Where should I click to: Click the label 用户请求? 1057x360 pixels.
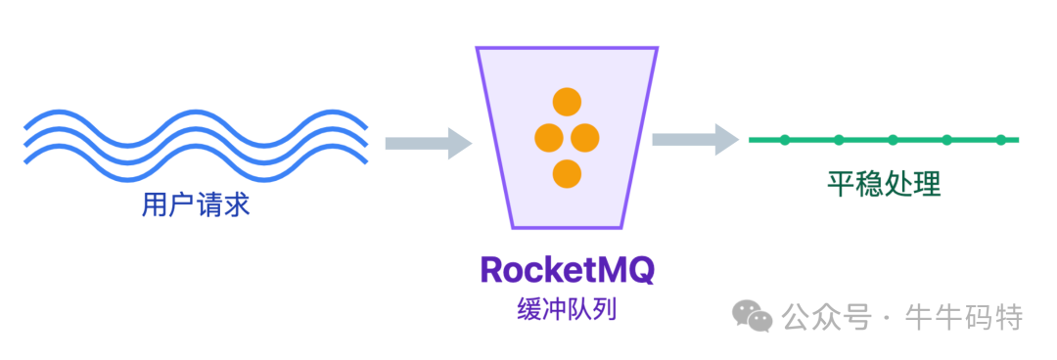tap(196, 206)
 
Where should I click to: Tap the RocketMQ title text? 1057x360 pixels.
tap(567, 271)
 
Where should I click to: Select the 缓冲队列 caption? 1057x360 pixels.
tap(567, 311)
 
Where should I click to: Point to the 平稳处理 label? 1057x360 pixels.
tap(884, 184)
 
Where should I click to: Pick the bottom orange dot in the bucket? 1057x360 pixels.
tap(567, 174)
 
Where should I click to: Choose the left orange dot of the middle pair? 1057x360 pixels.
tap(548, 138)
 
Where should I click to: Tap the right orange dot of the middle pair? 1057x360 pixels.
tap(584, 138)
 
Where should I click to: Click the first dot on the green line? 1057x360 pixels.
tap(784, 140)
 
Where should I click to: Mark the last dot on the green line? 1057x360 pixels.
tap(1001, 140)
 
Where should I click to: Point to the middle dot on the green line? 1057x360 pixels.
tap(893, 140)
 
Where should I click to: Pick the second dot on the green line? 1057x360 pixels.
tap(839, 140)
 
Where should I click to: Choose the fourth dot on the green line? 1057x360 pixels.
tap(946, 140)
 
